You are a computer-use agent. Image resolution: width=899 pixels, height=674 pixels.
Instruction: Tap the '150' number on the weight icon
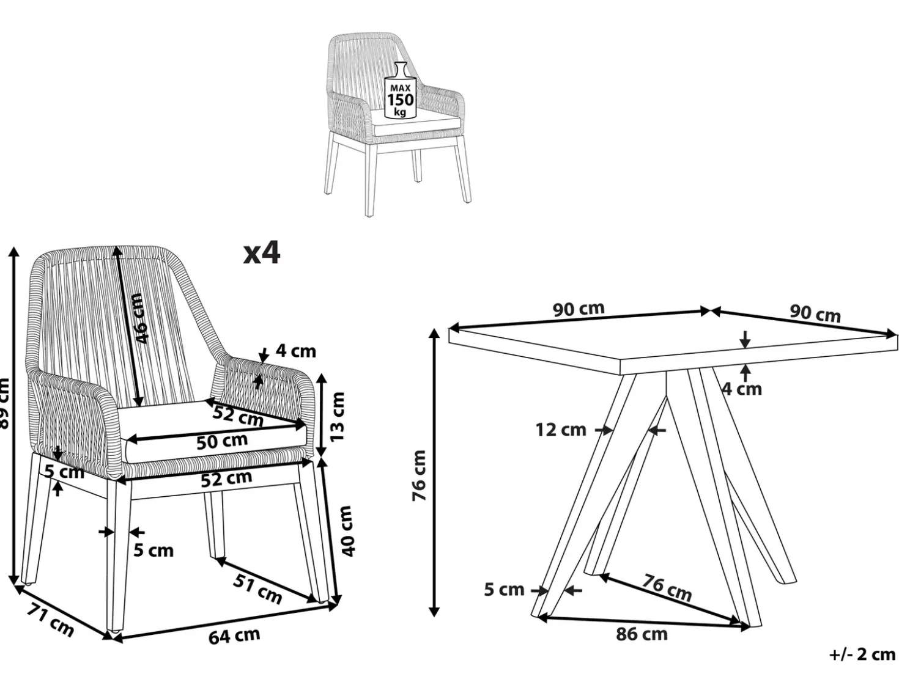click(401, 100)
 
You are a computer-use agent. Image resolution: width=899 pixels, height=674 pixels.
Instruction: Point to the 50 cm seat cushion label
click(222, 441)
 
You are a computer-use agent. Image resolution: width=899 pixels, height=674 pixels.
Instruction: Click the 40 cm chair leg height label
click(346, 531)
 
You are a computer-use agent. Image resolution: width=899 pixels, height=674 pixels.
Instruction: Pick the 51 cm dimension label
click(258, 588)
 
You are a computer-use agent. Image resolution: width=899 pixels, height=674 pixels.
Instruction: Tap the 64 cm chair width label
click(234, 636)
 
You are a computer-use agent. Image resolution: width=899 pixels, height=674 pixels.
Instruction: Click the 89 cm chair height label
click(4, 403)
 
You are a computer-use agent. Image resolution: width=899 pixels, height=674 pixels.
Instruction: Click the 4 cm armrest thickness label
click(296, 351)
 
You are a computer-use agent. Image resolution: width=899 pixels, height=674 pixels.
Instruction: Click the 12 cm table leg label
click(561, 430)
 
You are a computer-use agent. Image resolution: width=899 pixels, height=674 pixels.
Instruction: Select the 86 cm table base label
click(642, 634)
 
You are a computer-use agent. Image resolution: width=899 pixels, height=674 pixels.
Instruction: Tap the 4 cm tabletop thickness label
click(742, 389)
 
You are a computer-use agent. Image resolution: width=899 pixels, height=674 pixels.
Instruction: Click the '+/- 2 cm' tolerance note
click(862, 655)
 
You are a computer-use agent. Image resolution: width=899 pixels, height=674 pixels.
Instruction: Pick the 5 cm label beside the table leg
click(504, 590)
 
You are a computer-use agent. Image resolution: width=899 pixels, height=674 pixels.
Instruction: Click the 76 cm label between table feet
click(667, 588)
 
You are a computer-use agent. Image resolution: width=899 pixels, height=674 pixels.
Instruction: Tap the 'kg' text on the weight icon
click(400, 112)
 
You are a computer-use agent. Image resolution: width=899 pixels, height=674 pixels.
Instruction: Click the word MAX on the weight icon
click(400, 88)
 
